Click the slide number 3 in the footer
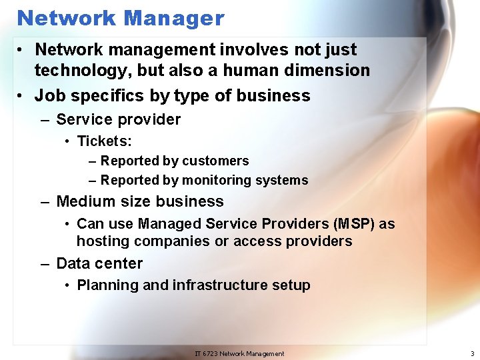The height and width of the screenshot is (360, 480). click(472, 353)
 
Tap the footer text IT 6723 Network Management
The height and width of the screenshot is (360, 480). click(239, 353)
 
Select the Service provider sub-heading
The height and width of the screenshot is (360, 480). click(119, 120)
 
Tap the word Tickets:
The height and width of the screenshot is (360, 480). click(105, 141)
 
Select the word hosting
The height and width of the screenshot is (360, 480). click(101, 241)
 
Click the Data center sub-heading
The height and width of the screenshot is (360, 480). click(99, 263)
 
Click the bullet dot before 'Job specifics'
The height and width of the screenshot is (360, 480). click(22, 96)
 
